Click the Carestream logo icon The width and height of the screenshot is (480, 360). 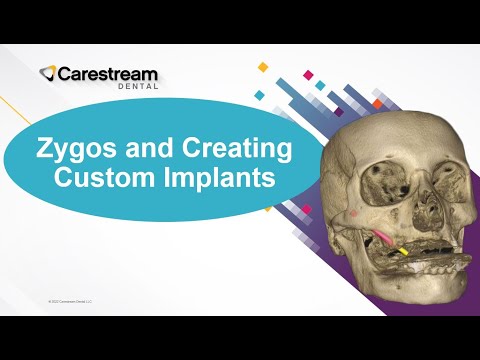click(x=48, y=73)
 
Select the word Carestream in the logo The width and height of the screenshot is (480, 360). click(x=108, y=73)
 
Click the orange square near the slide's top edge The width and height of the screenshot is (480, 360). click(x=263, y=67)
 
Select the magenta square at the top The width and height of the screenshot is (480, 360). click(x=308, y=74)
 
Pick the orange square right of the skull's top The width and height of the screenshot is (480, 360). click(x=377, y=103)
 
